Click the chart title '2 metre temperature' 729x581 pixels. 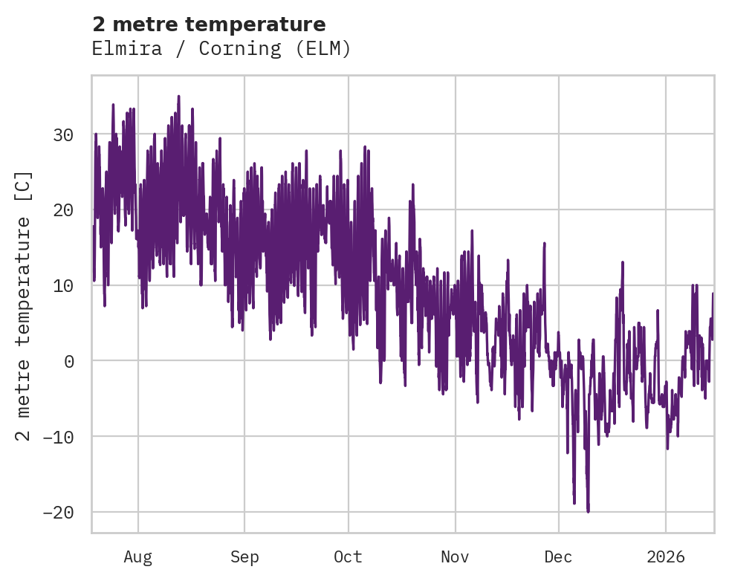(209, 25)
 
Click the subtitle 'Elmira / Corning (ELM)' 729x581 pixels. (221, 49)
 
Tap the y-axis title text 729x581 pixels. (24, 306)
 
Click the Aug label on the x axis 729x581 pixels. (138, 556)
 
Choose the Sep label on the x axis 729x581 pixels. (244, 556)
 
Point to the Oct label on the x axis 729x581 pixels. (348, 556)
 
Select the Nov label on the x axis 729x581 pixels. (455, 556)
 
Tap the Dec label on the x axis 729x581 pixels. (558, 556)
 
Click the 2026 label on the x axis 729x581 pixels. (666, 556)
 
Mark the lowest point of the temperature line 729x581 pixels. (588, 511)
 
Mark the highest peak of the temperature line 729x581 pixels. (178, 96)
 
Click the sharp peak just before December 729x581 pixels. (544, 244)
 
